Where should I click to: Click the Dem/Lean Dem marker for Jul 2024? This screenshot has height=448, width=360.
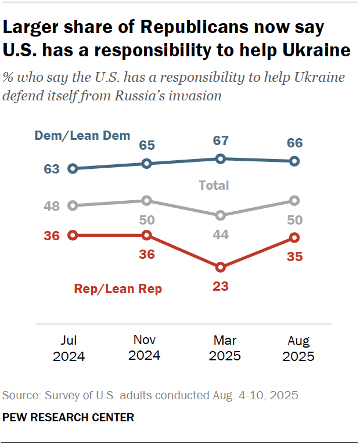[73, 169]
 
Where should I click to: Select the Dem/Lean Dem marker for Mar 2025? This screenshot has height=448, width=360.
[221, 158]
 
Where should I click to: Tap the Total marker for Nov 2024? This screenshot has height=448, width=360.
[147, 200]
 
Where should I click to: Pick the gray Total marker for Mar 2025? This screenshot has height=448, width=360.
[221, 215]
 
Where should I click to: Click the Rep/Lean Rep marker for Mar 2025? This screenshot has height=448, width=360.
[221, 267]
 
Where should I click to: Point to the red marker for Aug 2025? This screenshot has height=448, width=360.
[294, 237]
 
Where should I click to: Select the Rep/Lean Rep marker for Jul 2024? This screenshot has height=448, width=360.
[73, 235]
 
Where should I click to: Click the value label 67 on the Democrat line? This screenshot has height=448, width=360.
[221, 141]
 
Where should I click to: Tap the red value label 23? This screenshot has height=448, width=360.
[221, 286]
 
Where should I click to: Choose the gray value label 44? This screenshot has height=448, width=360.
[221, 234]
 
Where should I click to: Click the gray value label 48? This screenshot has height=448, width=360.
[51, 205]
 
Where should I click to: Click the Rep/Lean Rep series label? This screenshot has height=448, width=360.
[118, 289]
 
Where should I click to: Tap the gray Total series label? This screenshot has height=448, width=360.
[214, 186]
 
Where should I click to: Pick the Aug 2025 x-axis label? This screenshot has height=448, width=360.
[298, 349]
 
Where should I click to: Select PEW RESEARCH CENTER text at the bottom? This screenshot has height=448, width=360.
[69, 417]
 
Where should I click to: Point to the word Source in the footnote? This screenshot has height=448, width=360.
[17, 396]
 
